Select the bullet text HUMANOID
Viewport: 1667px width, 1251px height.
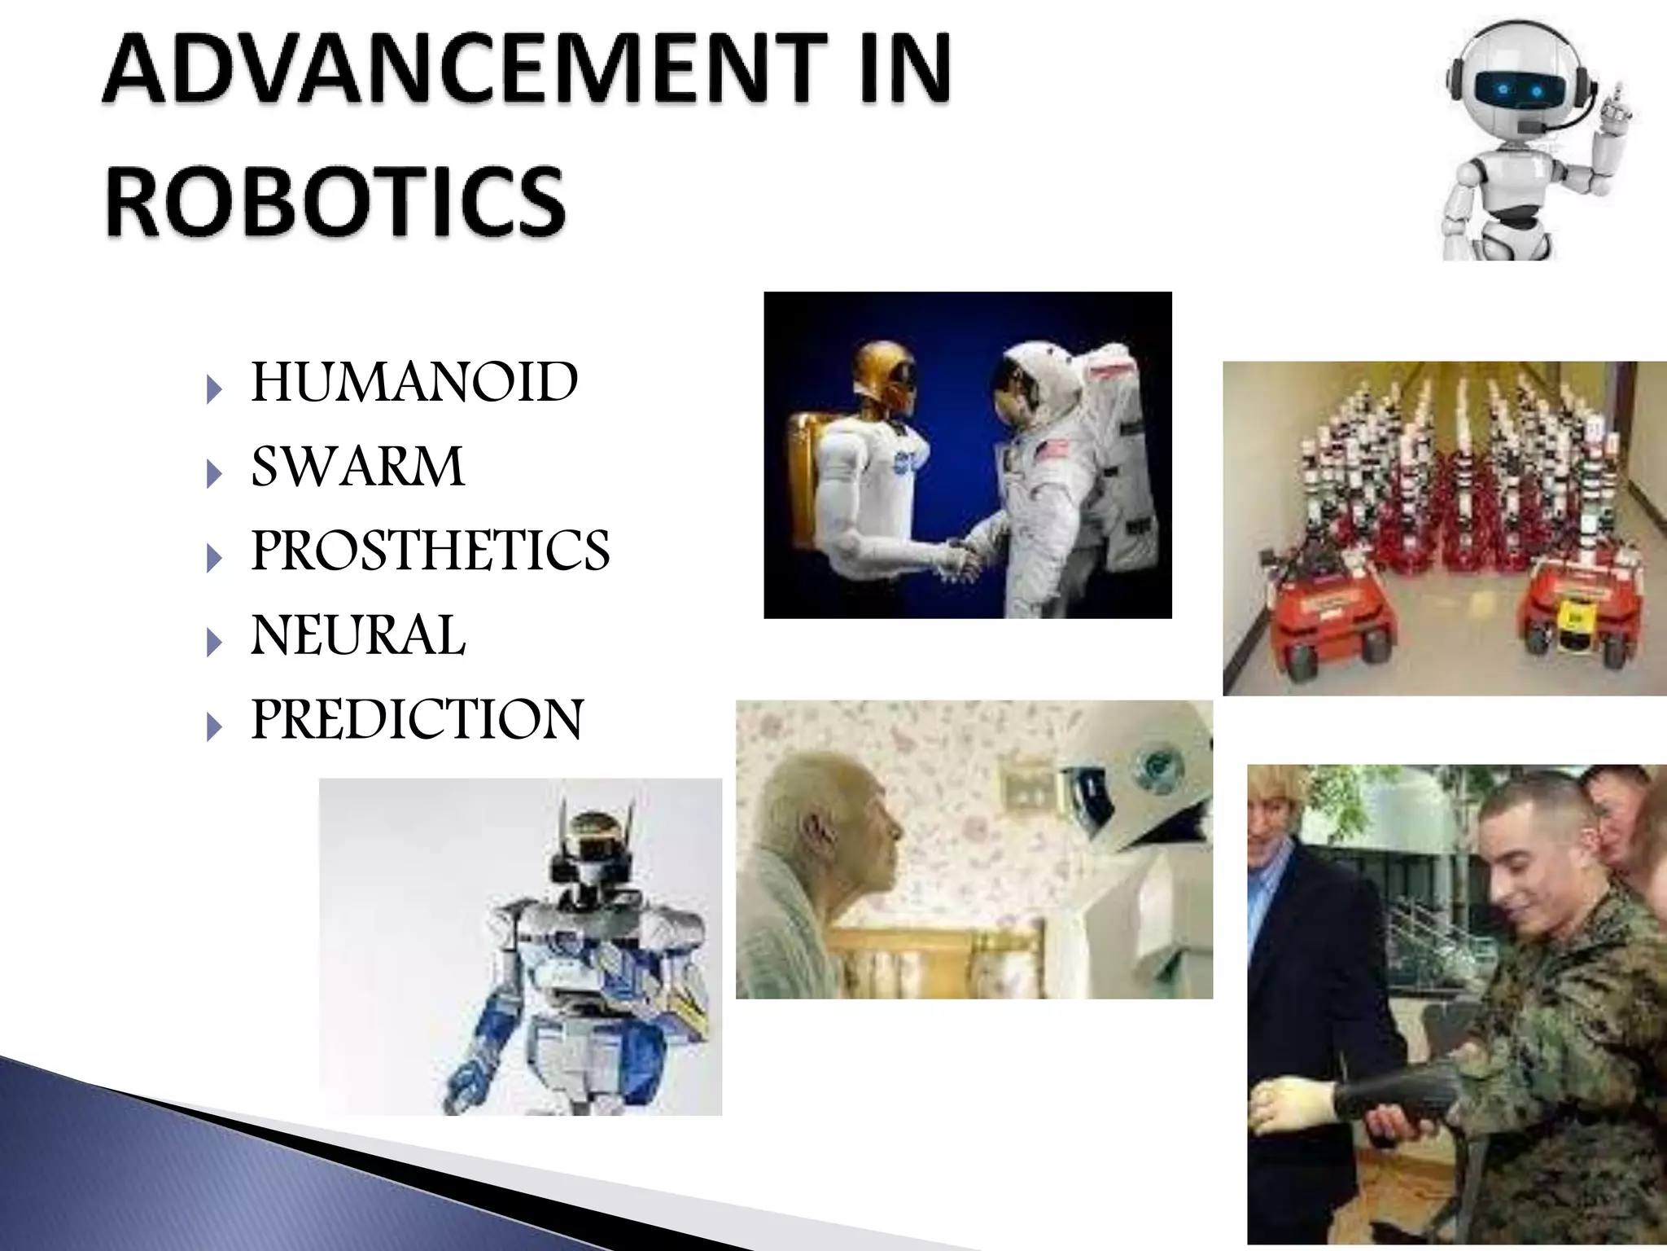pyautogui.click(x=414, y=382)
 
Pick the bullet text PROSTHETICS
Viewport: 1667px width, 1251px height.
pyautogui.click(x=430, y=551)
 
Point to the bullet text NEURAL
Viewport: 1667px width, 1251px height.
pyautogui.click(x=358, y=635)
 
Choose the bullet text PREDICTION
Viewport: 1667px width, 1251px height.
pyautogui.click(x=417, y=719)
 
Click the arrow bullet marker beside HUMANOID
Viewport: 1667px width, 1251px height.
pyautogui.click(x=214, y=389)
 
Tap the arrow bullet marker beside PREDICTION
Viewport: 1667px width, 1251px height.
pyautogui.click(x=214, y=726)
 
